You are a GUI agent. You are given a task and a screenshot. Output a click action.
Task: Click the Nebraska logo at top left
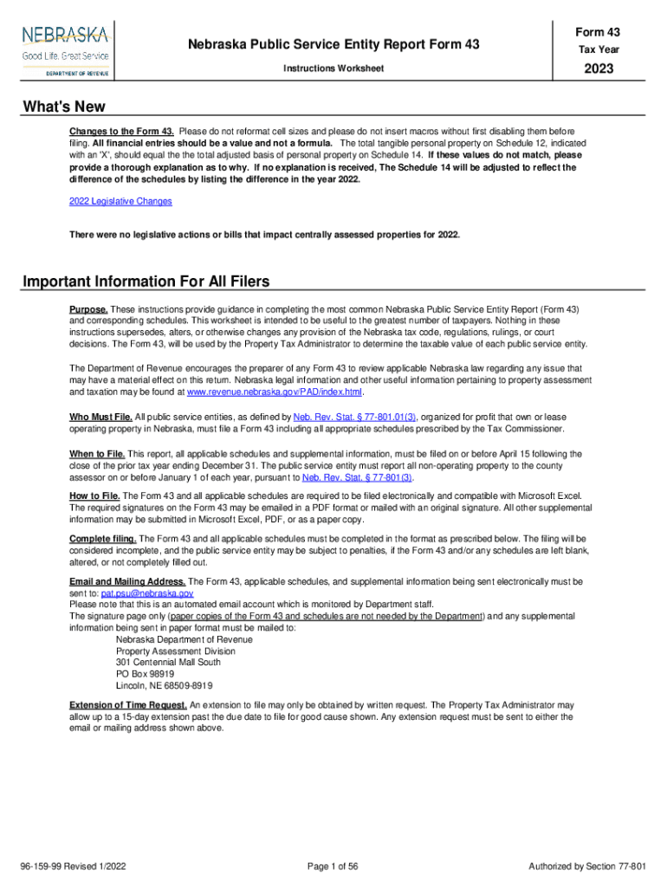pyautogui.click(x=65, y=49)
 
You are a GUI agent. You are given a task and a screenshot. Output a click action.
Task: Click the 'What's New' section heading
pyautogui.click(x=64, y=107)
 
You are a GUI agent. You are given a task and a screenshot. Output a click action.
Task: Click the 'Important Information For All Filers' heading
pyautogui.click(x=146, y=282)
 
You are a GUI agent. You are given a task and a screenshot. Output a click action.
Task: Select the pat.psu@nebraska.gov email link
pyautogui.click(x=146, y=593)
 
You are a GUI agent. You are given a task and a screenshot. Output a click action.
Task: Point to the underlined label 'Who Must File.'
pyautogui.click(x=100, y=417)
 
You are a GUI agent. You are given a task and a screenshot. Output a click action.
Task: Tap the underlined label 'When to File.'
pyautogui.click(x=98, y=454)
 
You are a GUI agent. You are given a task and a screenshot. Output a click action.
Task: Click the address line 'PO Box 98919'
pyautogui.click(x=145, y=673)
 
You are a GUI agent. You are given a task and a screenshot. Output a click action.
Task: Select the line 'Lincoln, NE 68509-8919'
pyautogui.click(x=164, y=684)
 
